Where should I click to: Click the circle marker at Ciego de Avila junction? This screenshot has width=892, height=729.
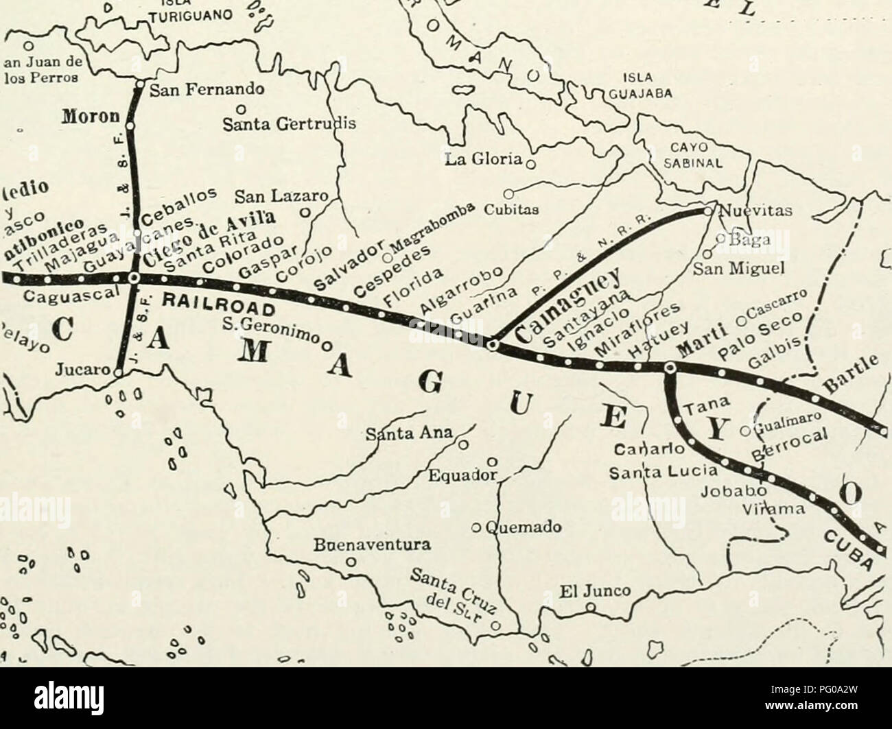pyautogui.click(x=134, y=278)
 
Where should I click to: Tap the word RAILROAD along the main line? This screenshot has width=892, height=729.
pyautogui.click(x=211, y=301)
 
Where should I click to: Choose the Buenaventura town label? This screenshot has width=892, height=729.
pyautogui.click(x=352, y=547)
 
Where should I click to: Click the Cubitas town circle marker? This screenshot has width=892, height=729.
pyautogui.click(x=509, y=193)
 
